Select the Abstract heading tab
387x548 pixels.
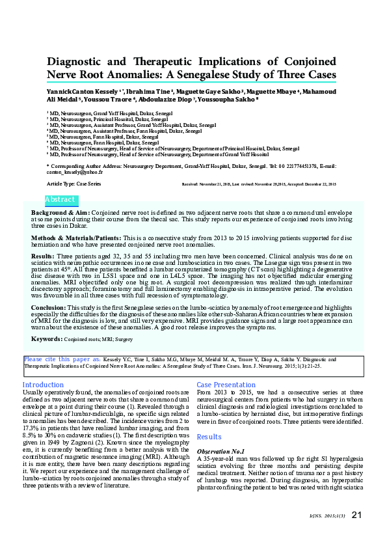[60, 200]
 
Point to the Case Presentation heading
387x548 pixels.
[226, 385]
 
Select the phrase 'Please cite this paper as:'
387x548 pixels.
[62, 359]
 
